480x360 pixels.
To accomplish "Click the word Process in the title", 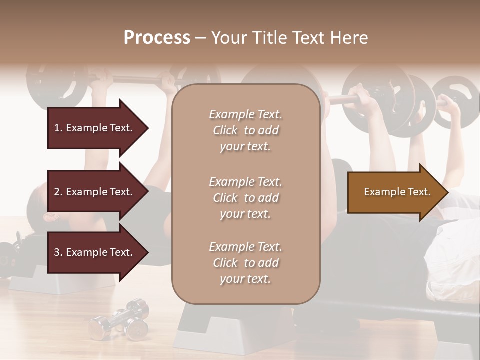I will click(x=157, y=38).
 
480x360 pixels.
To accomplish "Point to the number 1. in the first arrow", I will click(x=58, y=128).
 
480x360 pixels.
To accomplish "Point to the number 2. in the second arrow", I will click(x=58, y=192).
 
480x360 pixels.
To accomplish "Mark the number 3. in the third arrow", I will click(x=58, y=252).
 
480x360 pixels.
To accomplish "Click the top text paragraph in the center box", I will click(x=245, y=130).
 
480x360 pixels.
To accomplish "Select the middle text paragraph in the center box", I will click(x=245, y=198).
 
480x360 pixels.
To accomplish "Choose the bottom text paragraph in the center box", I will click(x=245, y=263).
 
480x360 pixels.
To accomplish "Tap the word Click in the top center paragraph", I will click(x=225, y=130).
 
